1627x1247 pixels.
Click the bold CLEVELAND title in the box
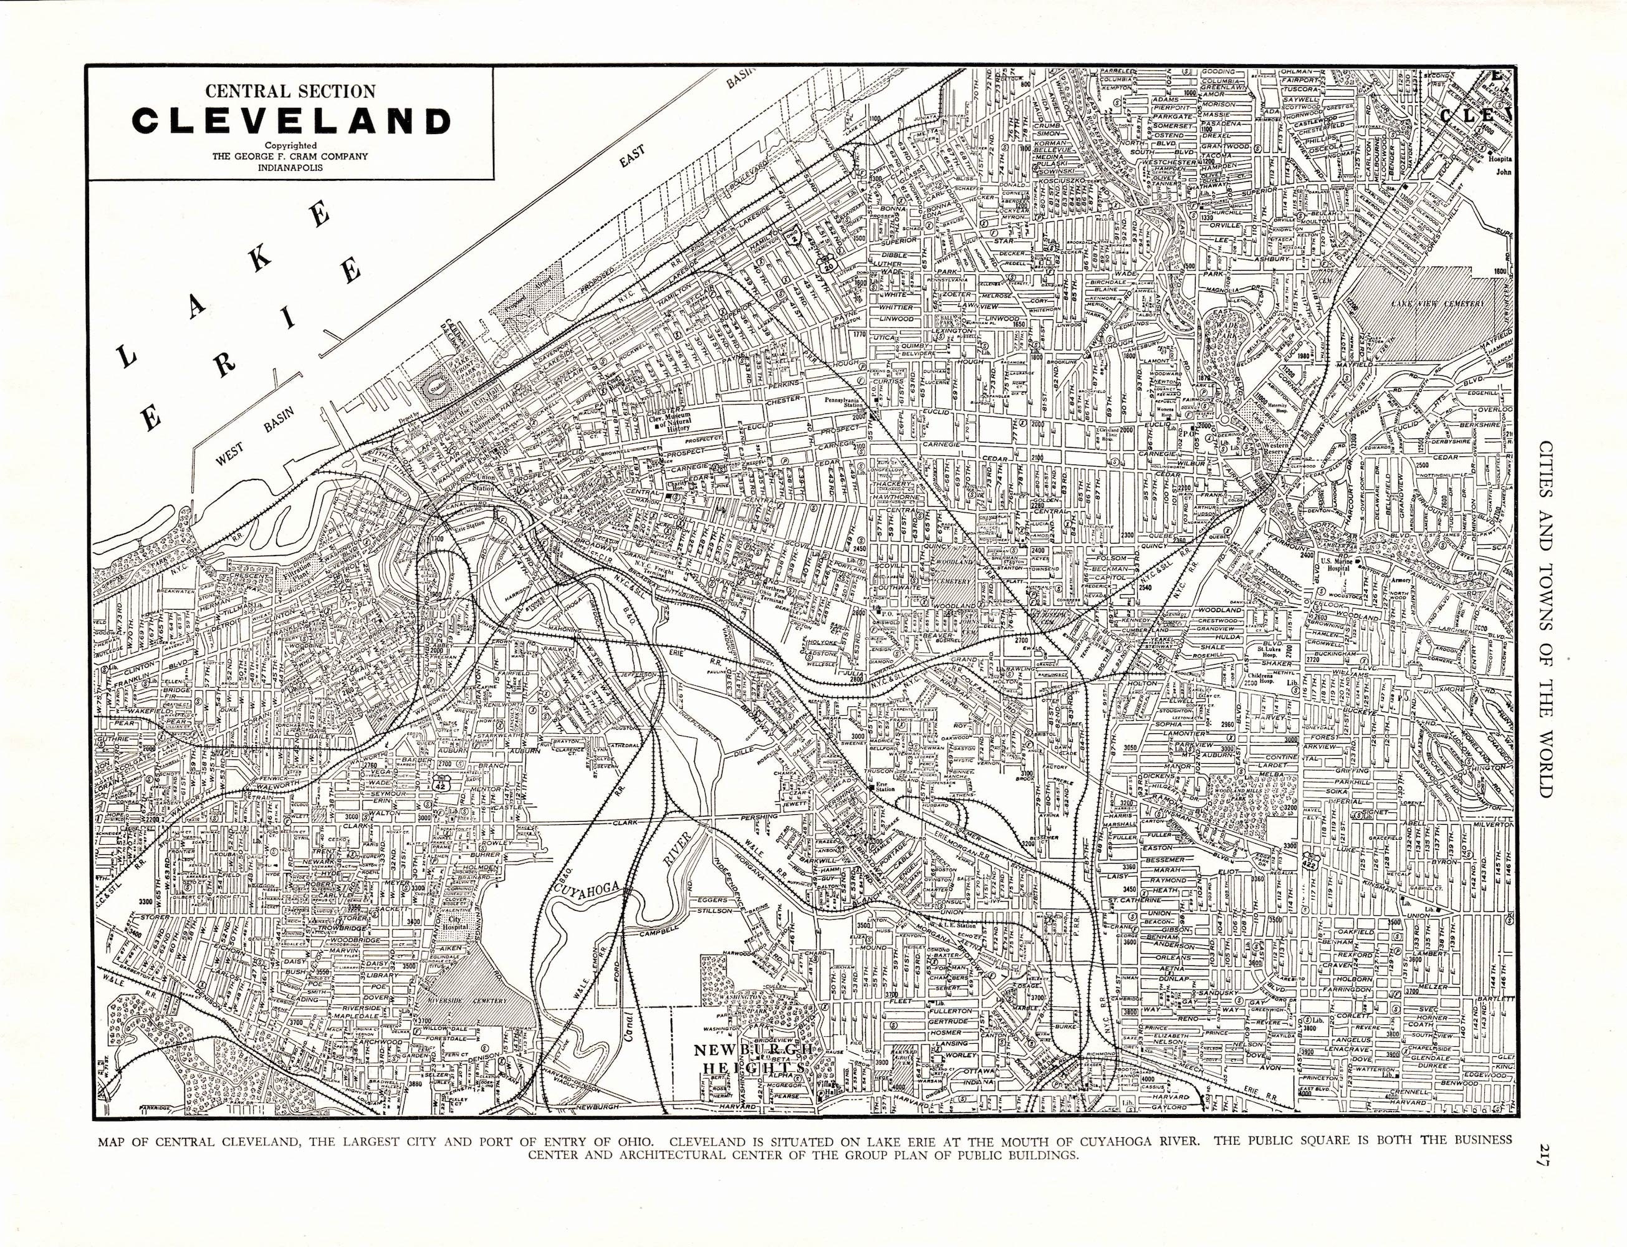pyautogui.click(x=291, y=121)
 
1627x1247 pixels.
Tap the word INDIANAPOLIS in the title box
pyautogui.click(x=291, y=167)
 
